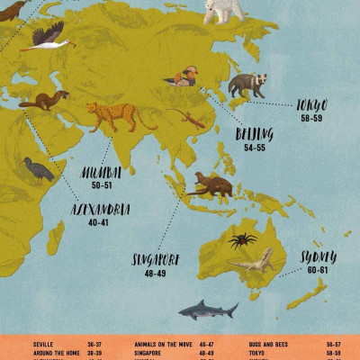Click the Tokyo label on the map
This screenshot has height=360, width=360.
(312, 105)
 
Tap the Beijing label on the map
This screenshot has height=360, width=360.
(254, 134)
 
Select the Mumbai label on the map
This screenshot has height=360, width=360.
(102, 172)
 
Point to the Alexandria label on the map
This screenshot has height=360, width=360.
(101, 211)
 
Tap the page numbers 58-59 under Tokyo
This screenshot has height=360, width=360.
(312, 117)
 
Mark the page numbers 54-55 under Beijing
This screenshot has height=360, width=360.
(254, 147)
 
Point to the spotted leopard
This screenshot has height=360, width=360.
(119, 115)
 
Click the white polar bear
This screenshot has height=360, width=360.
(224, 11)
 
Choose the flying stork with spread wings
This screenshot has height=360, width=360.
(47, 39)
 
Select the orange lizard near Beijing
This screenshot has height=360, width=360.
(192, 120)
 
